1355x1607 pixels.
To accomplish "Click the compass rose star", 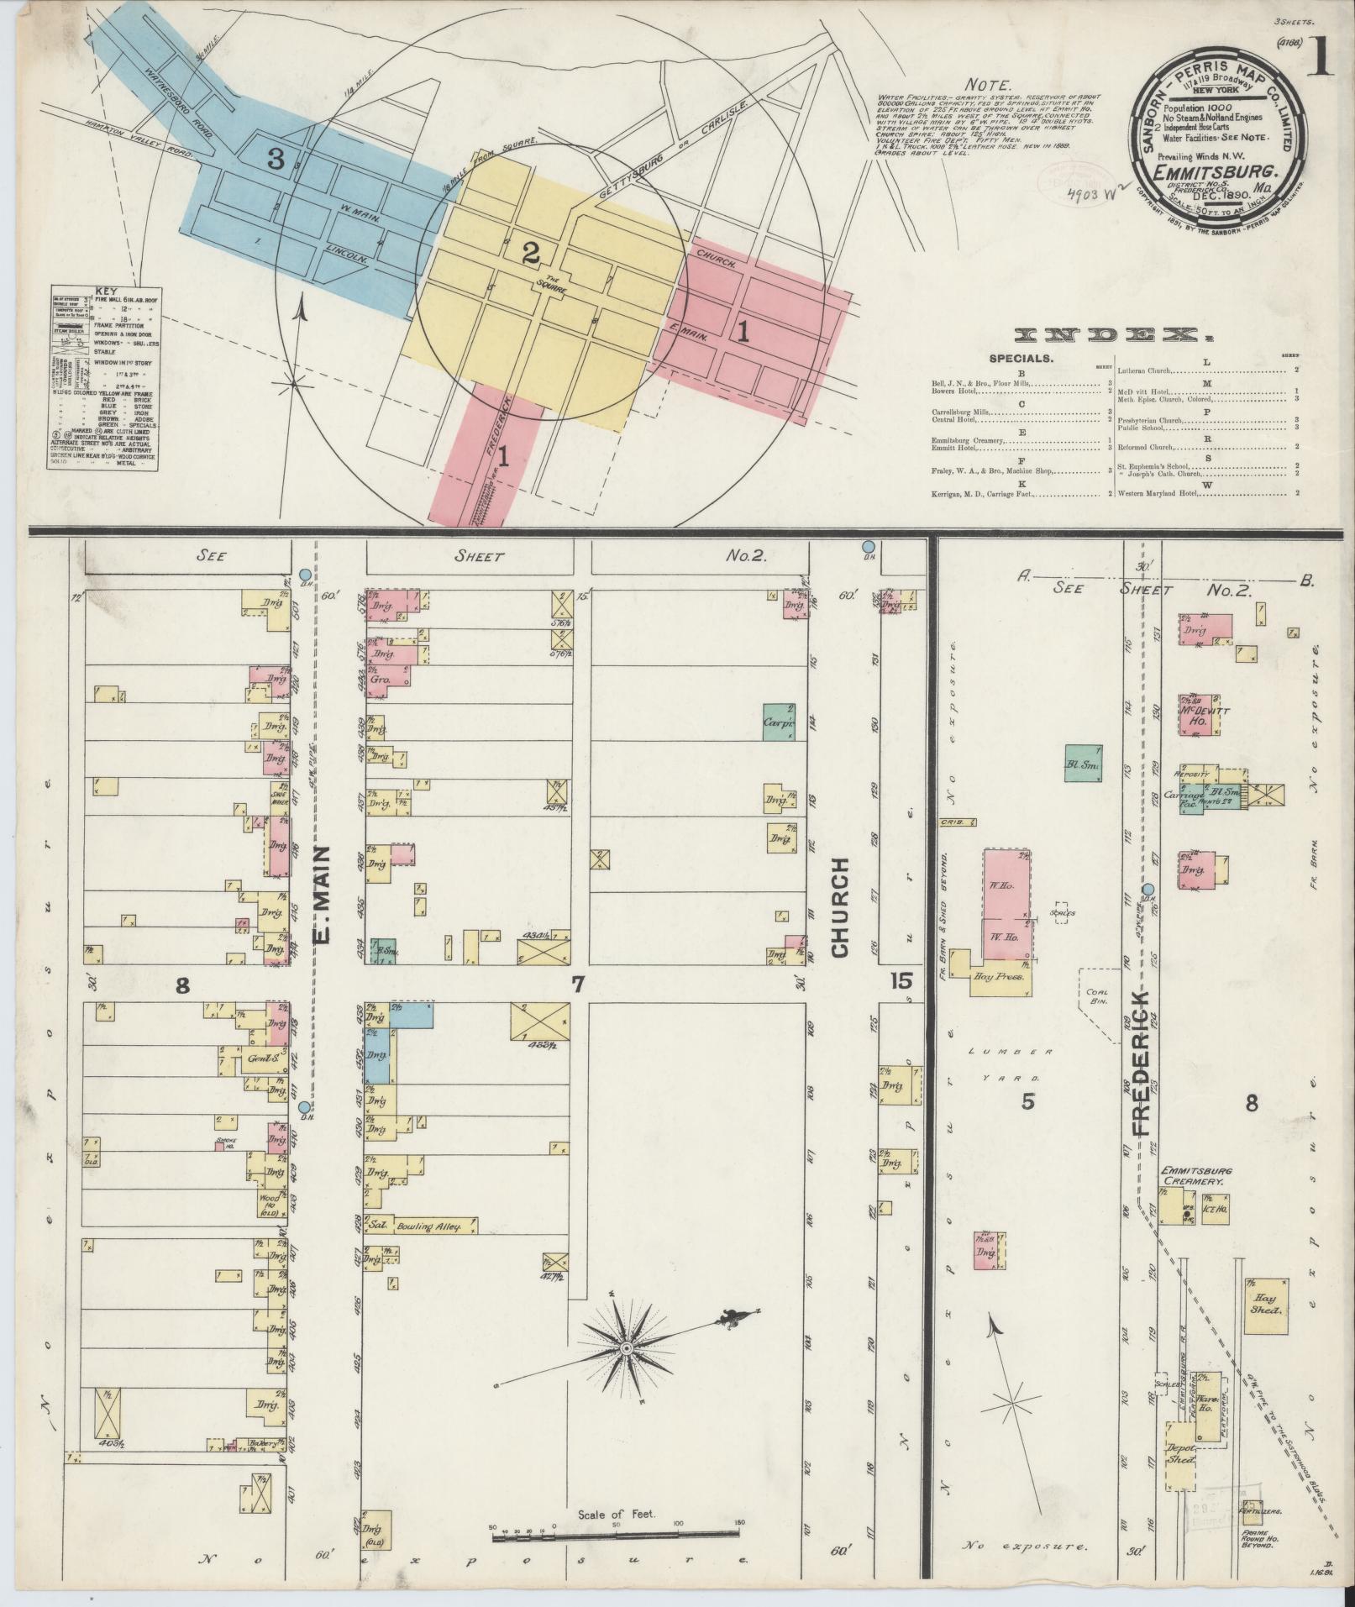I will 626,1372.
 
